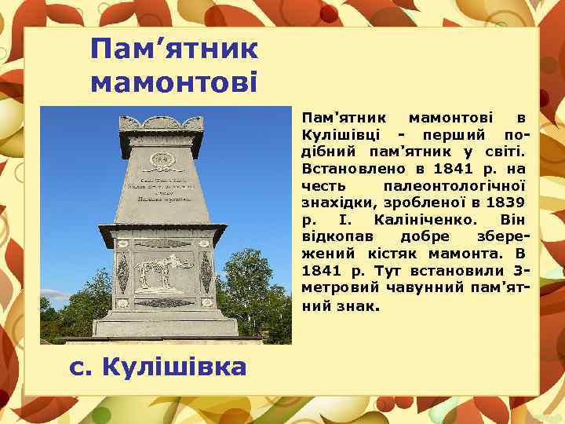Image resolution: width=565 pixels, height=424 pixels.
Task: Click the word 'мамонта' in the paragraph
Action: pyautogui.click(x=468, y=254)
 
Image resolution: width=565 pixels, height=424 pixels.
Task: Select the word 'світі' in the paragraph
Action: pyautogui.click(x=503, y=151)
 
